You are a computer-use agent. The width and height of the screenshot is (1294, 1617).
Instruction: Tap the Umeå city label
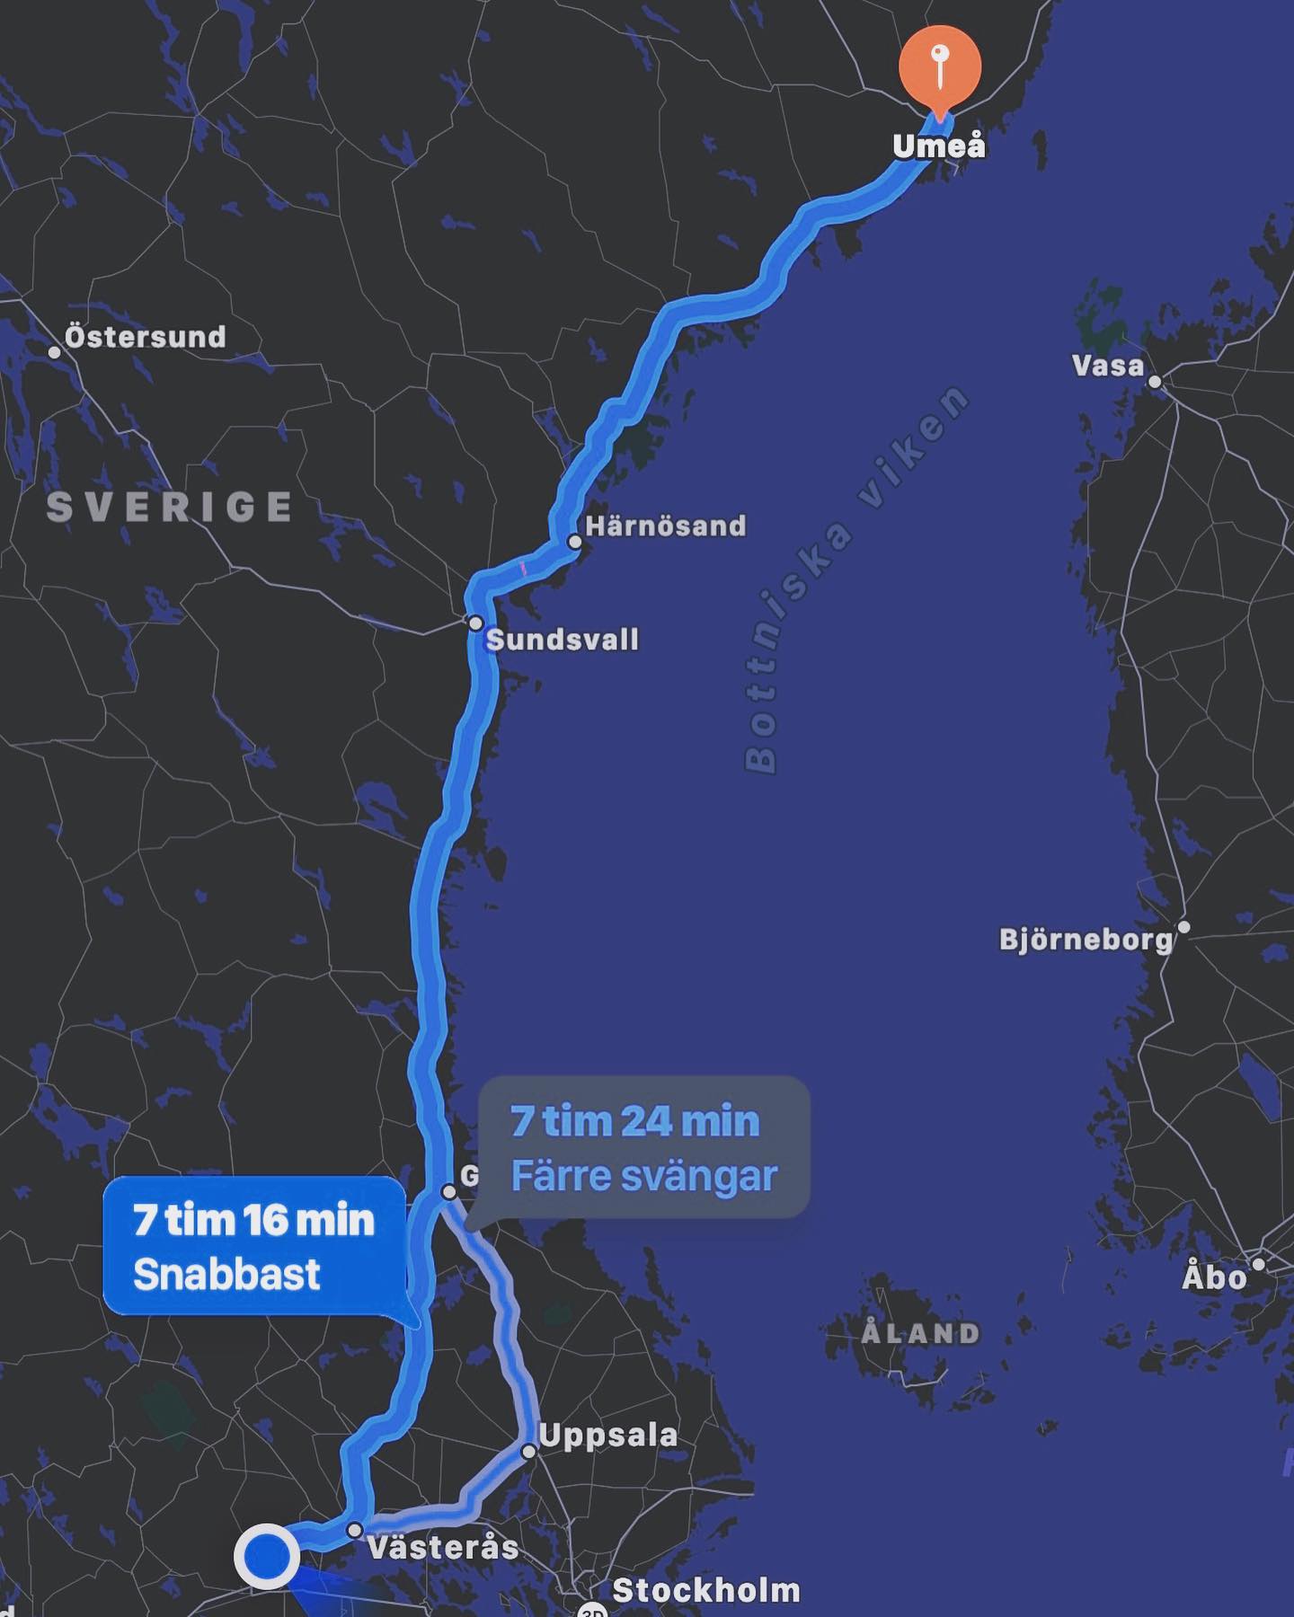pyautogui.click(x=939, y=146)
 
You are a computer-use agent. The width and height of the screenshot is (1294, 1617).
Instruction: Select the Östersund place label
pyautogui.click(x=146, y=337)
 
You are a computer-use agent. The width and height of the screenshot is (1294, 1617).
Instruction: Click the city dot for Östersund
pyautogui.click(x=55, y=352)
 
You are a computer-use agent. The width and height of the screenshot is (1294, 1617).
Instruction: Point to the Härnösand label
pyautogui.click(x=666, y=526)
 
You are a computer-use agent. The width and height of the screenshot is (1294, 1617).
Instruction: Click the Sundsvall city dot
pyautogui.click(x=475, y=623)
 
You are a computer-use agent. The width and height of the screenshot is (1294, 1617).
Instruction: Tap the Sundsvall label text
pyautogui.click(x=563, y=640)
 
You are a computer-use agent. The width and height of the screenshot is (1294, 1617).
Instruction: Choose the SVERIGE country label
pyautogui.click(x=170, y=508)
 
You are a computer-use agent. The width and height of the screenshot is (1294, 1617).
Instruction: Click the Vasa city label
pyautogui.click(x=1108, y=366)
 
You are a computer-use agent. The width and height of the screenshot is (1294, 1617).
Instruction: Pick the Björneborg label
pyautogui.click(x=1086, y=940)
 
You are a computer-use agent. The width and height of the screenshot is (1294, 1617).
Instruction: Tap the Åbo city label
pyautogui.click(x=1215, y=1277)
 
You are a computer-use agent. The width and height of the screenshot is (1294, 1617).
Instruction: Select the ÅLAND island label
pyautogui.click(x=920, y=1333)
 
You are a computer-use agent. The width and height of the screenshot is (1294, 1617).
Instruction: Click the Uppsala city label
pyautogui.click(x=608, y=1435)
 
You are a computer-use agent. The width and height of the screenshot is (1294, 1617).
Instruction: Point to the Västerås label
pyautogui.click(x=444, y=1547)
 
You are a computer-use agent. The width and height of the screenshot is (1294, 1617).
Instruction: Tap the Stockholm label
pyautogui.click(x=706, y=1591)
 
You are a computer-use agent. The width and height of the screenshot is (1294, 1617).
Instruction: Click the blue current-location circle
pyautogui.click(x=267, y=1555)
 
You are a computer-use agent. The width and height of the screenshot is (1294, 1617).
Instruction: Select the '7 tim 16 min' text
pyautogui.click(x=253, y=1220)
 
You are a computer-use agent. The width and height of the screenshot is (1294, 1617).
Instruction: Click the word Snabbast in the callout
pyautogui.click(x=226, y=1274)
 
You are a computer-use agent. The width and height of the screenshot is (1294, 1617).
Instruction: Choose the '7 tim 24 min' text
pyautogui.click(x=635, y=1121)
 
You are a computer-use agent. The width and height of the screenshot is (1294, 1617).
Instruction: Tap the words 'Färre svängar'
pyautogui.click(x=643, y=1176)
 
